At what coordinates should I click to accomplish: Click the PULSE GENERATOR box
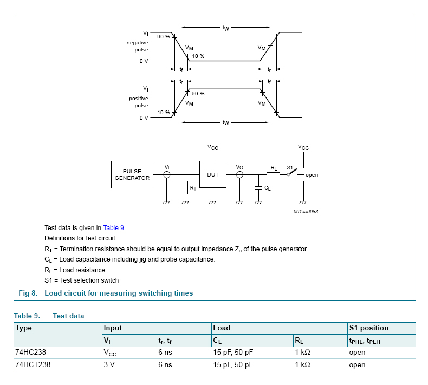pyautogui.click(x=132, y=174)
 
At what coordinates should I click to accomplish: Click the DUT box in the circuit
pyautogui.click(x=212, y=174)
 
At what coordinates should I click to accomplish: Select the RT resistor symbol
pyautogui.click(x=186, y=187)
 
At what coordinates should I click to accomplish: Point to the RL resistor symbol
pyautogui.click(x=274, y=174)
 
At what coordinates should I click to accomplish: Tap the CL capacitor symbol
pyautogui.click(x=258, y=188)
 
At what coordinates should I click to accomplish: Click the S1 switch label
pyautogui.click(x=289, y=168)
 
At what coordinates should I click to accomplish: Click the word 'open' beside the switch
pyautogui.click(x=312, y=175)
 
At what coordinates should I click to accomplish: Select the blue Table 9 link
pyautogui.click(x=114, y=228)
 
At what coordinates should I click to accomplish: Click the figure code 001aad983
pyautogui.click(x=306, y=212)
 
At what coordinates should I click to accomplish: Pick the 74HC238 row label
pyautogui.click(x=31, y=352)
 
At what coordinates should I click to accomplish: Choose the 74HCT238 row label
pyautogui.click(x=33, y=364)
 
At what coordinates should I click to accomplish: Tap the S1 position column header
pyautogui.click(x=369, y=328)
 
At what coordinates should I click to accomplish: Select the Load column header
pyautogui.click(x=222, y=328)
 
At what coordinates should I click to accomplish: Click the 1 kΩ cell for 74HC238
pyautogui.click(x=302, y=352)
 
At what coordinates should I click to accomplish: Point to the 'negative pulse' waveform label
pyautogui.click(x=138, y=45)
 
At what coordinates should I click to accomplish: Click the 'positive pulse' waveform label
pyautogui.click(x=139, y=102)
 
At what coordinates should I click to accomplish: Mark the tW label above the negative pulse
pyautogui.click(x=225, y=28)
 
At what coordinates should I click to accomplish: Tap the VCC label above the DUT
pyautogui.click(x=212, y=147)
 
